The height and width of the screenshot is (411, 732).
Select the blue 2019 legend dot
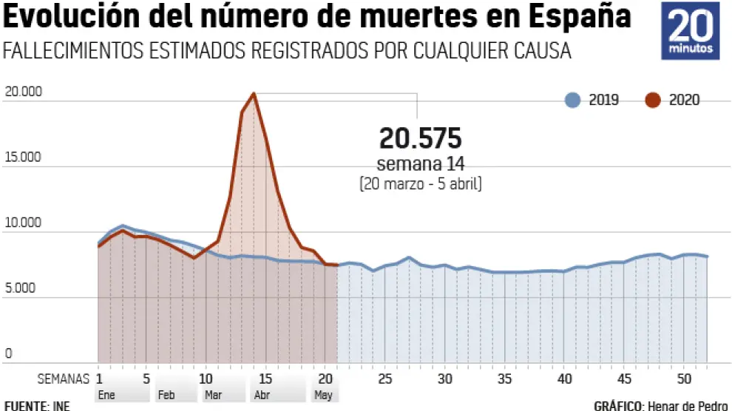(572, 101)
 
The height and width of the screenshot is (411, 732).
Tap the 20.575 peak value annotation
(420, 138)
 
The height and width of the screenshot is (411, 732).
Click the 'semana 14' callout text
(420, 163)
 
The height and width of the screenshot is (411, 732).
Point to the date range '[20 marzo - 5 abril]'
(420, 183)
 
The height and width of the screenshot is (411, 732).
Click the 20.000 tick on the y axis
(23, 92)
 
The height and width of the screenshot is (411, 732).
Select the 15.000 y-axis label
(23, 158)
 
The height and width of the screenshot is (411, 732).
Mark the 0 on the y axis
(9, 354)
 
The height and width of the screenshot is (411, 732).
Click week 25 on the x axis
(384, 378)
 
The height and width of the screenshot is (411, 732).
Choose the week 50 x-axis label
(685, 378)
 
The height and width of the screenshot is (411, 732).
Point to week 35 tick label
(505, 378)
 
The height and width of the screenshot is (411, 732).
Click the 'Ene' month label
(106, 395)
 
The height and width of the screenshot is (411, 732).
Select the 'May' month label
(324, 395)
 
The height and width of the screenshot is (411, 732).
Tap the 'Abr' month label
(262, 395)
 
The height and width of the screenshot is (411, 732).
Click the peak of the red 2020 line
(254, 93)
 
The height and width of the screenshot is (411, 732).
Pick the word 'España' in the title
(583, 18)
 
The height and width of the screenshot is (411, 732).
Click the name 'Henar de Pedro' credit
(685, 405)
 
